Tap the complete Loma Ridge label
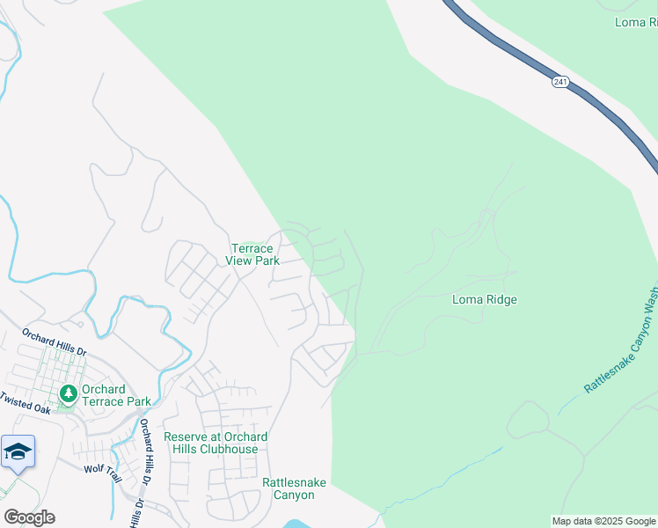coord(484,299)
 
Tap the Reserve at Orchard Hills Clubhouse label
coord(216,443)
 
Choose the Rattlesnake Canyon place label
coord(288,488)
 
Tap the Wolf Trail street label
coord(101,469)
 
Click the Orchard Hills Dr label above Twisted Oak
coord(55,342)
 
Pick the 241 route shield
coord(560,82)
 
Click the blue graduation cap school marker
coord(18,451)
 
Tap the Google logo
coord(29,517)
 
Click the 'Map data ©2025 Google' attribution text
coord(603,521)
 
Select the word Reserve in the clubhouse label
coord(186,437)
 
